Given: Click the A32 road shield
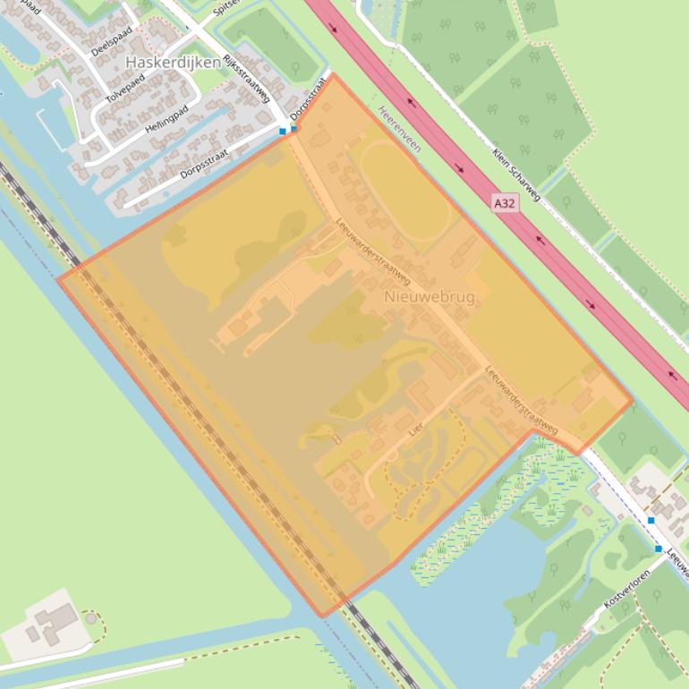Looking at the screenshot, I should point(505,203).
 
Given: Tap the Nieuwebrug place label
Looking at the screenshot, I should point(430,296).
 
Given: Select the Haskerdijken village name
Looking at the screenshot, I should point(174,63).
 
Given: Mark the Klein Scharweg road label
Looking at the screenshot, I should point(515,174).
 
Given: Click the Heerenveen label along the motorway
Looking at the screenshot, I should point(399,130).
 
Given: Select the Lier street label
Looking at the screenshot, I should point(414,430).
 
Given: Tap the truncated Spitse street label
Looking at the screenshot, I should point(227,10).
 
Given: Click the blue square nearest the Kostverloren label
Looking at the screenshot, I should point(659,549).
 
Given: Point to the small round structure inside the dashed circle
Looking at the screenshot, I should point(90,617).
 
